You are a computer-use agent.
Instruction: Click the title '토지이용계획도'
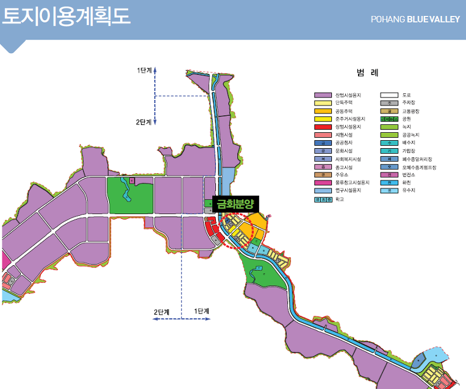[x=66, y=16]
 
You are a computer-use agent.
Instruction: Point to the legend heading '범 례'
[x=368, y=73]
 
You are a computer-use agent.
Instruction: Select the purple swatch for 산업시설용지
[x=322, y=95]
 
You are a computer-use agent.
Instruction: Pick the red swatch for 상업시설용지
[x=322, y=127]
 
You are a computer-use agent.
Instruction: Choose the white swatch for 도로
[x=389, y=95]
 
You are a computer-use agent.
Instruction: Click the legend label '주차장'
[x=410, y=103]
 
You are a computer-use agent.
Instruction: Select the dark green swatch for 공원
[x=389, y=119]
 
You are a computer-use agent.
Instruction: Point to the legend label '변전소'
[x=410, y=174]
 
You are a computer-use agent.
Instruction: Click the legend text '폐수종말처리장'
[x=417, y=159]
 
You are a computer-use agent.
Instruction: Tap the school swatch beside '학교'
[x=322, y=199]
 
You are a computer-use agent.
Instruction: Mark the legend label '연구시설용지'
[x=348, y=190]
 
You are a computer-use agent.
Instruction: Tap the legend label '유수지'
[x=410, y=190]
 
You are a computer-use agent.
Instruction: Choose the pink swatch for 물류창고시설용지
[x=322, y=182]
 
